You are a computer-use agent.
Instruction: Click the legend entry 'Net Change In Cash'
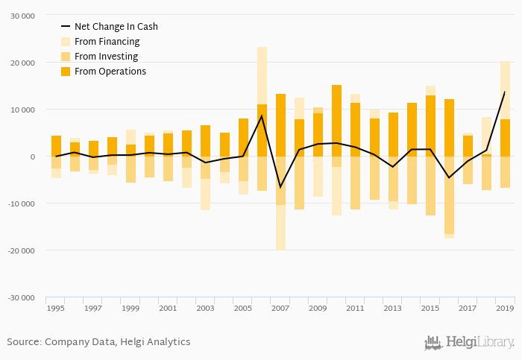tap(116, 27)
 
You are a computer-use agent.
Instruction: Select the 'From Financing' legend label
tap(107, 42)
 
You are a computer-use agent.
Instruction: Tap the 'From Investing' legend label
tap(106, 57)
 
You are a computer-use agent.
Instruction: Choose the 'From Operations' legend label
tap(110, 72)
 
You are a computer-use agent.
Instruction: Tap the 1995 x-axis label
tap(55, 308)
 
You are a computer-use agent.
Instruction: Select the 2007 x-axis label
tap(280, 308)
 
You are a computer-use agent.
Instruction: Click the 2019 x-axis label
tap(505, 308)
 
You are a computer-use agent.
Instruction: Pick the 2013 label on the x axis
tap(393, 308)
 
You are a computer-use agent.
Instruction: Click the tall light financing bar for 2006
tap(262, 75)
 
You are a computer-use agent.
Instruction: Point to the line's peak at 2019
tap(505, 92)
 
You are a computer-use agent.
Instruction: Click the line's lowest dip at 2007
tap(280, 187)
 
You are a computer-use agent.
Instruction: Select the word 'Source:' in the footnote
tap(24, 342)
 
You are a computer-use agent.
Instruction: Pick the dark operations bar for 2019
tap(505, 138)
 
